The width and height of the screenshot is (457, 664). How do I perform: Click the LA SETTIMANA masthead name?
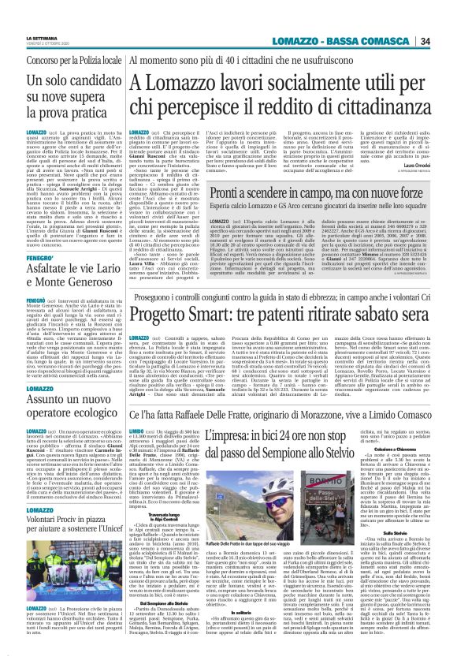[x=64, y=37]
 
